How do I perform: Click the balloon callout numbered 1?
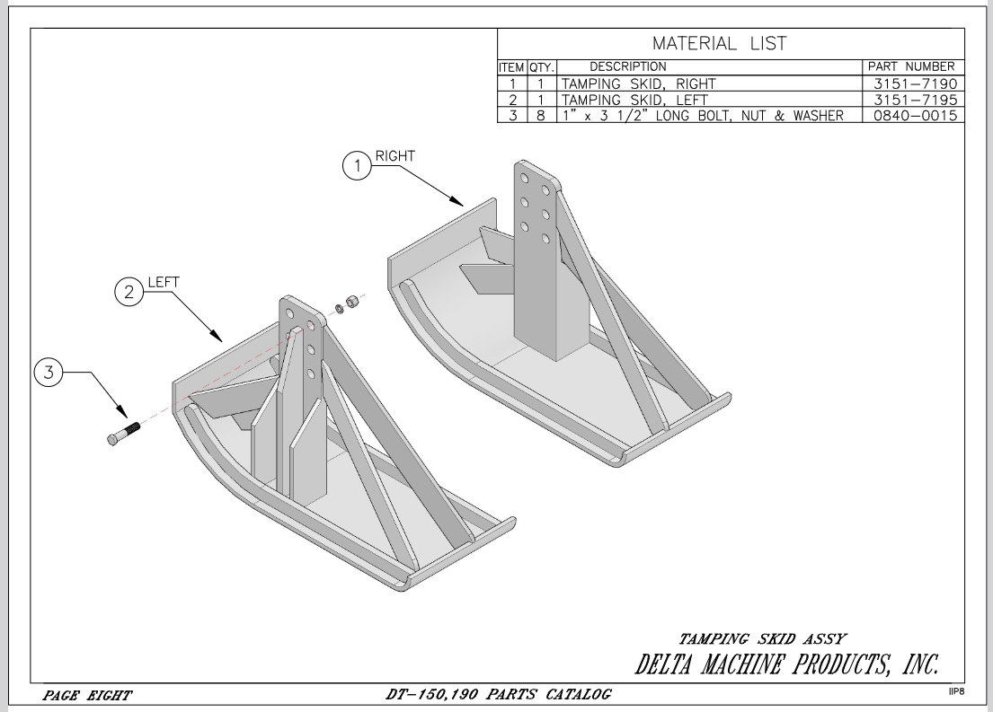(x=358, y=166)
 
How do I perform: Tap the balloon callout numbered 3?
(x=51, y=373)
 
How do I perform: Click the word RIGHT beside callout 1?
(x=396, y=155)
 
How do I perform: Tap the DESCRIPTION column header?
(x=628, y=66)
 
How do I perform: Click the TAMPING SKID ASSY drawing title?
(x=761, y=638)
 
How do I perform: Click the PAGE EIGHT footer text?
(x=88, y=694)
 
